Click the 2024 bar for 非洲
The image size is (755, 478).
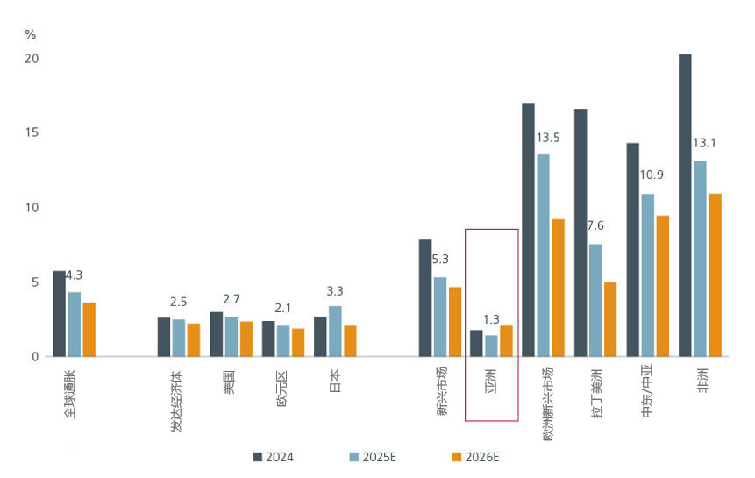[685, 205]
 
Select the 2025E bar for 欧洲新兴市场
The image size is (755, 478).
[544, 255]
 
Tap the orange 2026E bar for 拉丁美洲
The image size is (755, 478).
[610, 319]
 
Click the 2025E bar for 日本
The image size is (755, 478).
[335, 332]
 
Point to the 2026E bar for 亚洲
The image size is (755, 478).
[506, 341]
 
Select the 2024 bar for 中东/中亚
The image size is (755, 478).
[632, 250]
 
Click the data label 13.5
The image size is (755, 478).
[548, 138]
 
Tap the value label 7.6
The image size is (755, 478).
[595, 225]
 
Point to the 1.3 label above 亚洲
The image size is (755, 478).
[492, 319]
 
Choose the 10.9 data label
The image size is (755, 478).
[652, 175]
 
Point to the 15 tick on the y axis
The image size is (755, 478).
[32, 132]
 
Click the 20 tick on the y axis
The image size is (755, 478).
[32, 58]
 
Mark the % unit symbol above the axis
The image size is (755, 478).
[31, 35]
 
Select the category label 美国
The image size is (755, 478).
[229, 383]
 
